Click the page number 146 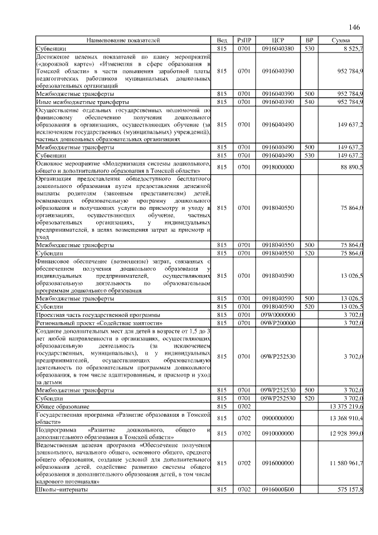(x=354, y=27)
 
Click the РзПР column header (x=244, y=40)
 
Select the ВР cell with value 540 (x=308, y=102)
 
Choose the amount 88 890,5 (x=352, y=167)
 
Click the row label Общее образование (x=63, y=407)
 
